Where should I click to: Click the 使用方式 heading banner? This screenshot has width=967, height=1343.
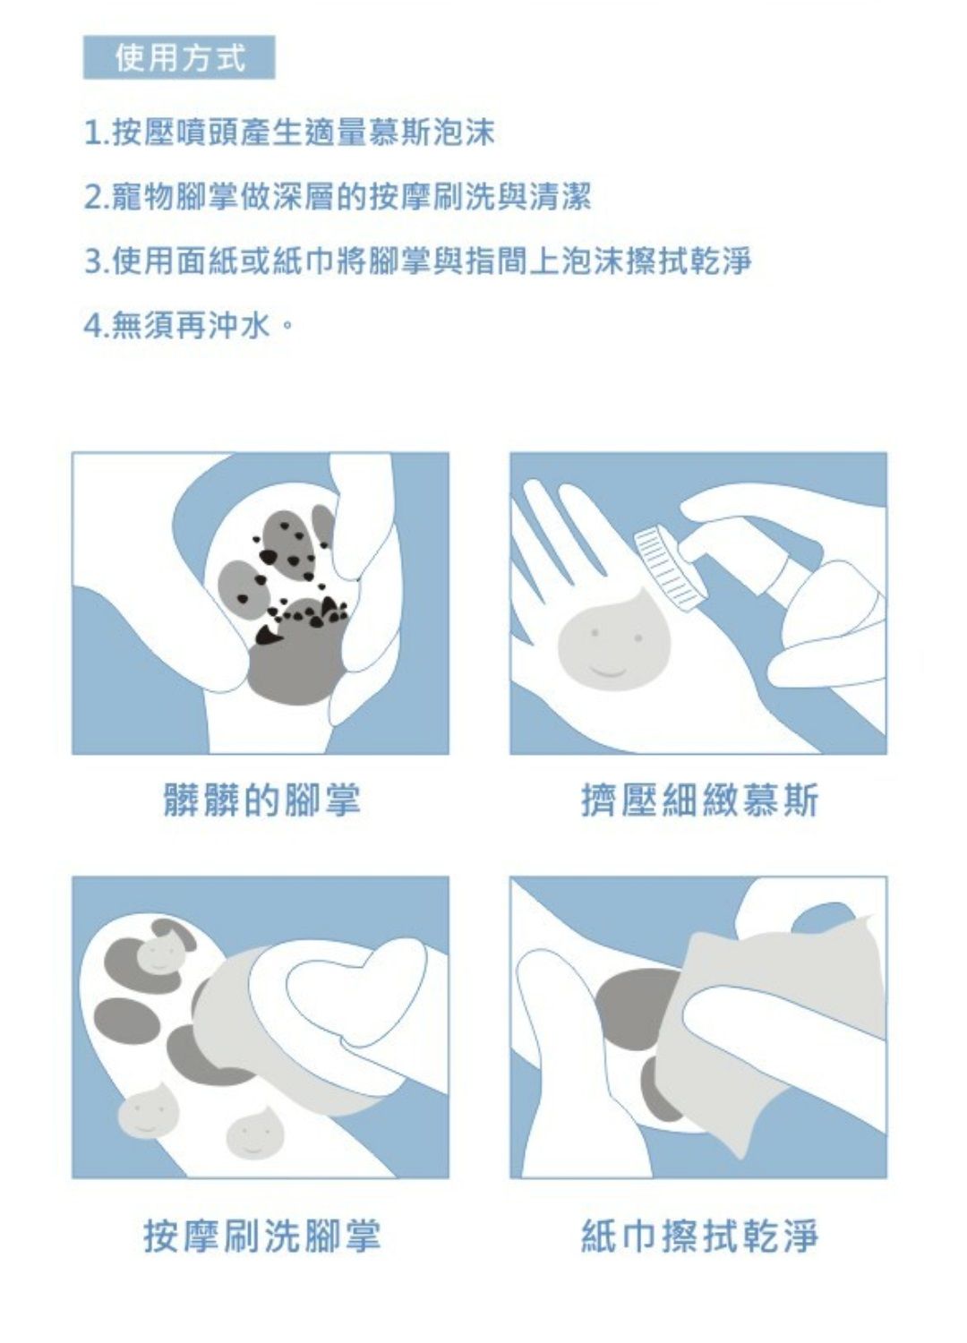179,57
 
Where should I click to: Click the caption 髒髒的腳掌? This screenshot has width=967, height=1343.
262,800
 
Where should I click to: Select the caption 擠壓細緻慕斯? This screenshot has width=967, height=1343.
699,800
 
